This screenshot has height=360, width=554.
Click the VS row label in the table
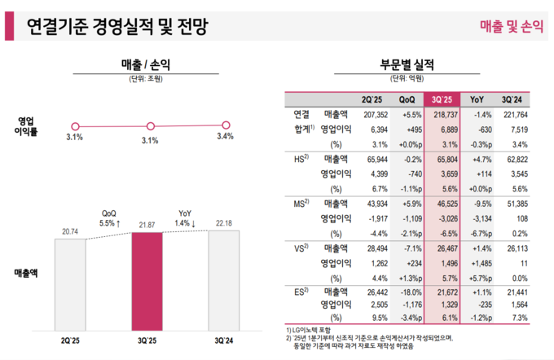point(299,247)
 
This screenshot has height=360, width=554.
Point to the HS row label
point(299,159)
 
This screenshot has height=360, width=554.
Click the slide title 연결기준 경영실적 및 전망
point(117,28)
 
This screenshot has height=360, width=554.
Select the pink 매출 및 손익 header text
point(510,28)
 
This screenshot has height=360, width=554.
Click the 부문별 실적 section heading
point(407,64)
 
